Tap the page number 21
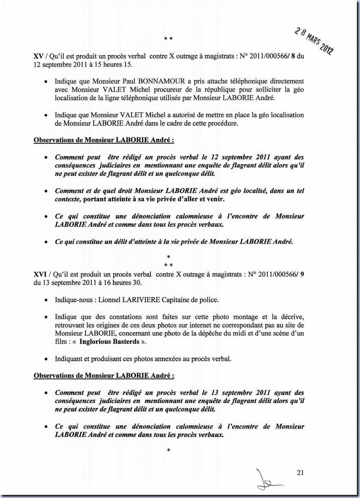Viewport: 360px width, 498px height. coord(300,473)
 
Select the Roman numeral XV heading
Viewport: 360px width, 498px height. coord(38,57)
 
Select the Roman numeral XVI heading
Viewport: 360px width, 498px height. coord(40,274)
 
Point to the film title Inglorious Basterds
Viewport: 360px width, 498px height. coord(109,341)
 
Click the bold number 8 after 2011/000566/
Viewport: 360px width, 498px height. coord(293,57)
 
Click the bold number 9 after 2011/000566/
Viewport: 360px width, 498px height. coord(302,274)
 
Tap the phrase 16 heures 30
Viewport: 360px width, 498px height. coord(125,283)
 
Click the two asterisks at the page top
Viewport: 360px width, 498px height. coord(168,39)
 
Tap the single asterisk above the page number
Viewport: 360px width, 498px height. coord(169,450)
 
